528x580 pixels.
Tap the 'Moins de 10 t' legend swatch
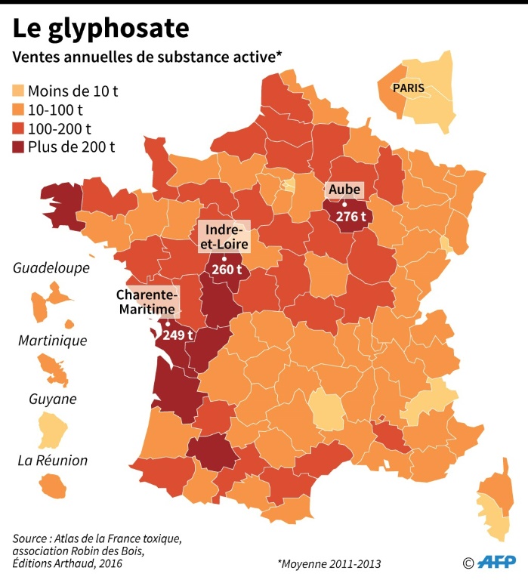coord(17,92)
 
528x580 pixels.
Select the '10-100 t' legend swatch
coord(17,110)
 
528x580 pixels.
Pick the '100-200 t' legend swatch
coord(17,128)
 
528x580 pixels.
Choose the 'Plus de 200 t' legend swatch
coord(17,147)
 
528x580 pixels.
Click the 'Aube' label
coord(343,190)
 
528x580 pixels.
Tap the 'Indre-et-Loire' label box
coord(223,236)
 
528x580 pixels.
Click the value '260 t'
coord(227,270)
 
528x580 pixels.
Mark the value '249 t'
coord(179,335)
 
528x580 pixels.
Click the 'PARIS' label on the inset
coord(409,88)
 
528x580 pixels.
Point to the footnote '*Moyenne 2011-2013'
coord(329,563)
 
